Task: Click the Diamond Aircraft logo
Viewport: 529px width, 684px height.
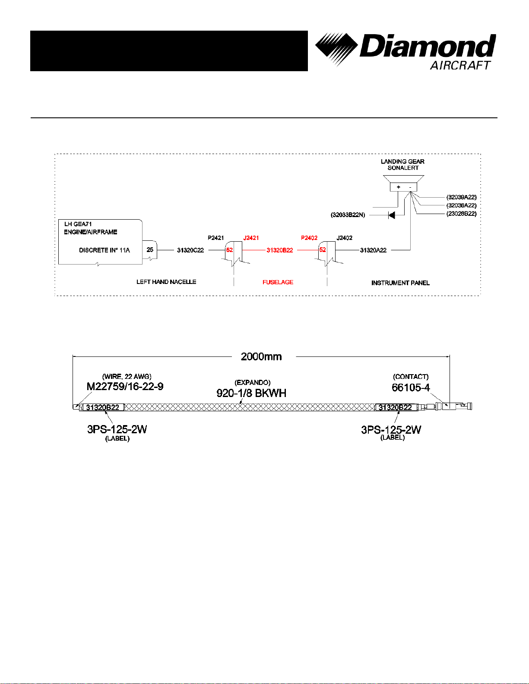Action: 405,50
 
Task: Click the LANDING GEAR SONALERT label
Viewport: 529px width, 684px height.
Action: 402,164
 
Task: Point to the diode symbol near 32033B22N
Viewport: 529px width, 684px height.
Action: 392,215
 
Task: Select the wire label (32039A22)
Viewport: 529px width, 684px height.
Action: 461,197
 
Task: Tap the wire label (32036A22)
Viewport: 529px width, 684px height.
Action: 461,205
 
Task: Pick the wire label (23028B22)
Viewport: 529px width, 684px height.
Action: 461,214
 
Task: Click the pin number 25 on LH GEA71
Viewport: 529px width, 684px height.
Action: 150,250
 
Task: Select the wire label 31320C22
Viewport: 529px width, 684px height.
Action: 190,250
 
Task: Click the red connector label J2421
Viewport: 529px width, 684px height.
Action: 251,238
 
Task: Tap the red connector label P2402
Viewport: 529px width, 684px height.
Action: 309,238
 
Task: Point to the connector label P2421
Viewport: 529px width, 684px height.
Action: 216,238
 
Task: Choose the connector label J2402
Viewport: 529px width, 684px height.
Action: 344,238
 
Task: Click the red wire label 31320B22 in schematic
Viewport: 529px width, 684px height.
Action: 279,250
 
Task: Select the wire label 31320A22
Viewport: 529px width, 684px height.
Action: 373,250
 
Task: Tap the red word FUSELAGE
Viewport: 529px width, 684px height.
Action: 278,282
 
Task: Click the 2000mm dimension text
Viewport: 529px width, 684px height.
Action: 261,356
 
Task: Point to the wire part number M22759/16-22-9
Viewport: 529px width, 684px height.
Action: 125,386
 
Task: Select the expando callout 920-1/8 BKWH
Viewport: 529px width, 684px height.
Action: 251,393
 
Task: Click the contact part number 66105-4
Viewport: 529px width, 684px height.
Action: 411,388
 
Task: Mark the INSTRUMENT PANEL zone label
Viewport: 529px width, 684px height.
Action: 400,283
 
